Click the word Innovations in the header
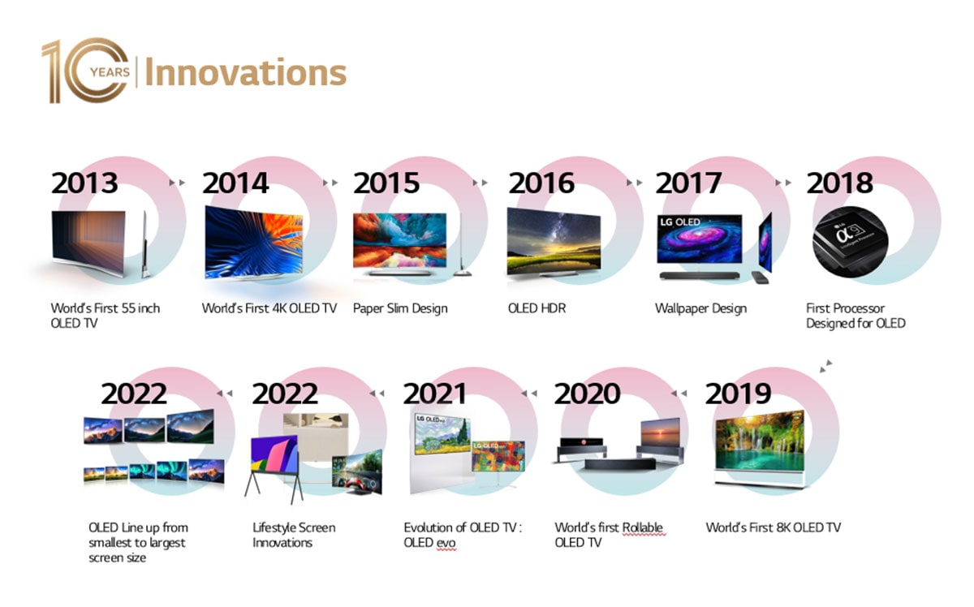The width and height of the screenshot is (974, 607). [246, 72]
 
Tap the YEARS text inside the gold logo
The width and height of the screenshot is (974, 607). [110, 72]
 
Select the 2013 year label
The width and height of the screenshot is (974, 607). [84, 183]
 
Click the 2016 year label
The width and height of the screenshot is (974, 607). [541, 183]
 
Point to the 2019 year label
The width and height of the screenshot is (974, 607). [738, 394]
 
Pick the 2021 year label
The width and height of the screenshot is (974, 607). [435, 394]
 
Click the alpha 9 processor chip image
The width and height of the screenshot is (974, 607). [850, 242]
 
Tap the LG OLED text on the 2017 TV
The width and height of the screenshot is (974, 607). [680, 222]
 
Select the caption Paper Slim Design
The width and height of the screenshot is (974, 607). [400, 308]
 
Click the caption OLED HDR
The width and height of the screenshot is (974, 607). [537, 308]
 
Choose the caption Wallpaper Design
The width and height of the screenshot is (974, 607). [701, 308]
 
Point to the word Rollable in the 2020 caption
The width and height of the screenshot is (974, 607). [642, 527]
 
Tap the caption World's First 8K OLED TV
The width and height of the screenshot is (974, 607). [773, 527]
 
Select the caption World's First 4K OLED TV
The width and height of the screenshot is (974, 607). [269, 308]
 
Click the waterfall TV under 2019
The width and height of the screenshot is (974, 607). [759, 448]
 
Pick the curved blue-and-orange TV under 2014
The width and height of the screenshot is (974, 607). [254, 243]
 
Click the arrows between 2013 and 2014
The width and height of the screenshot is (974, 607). [177, 183]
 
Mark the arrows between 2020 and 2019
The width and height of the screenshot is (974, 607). [679, 394]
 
